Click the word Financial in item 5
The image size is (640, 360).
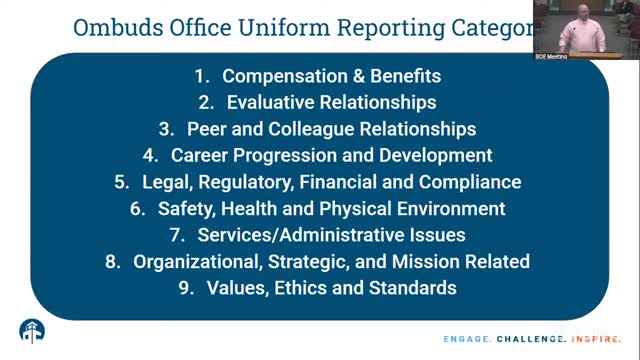[x=379, y=182]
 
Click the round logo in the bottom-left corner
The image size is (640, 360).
[x=32, y=331]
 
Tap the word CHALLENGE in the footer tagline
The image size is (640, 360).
[x=526, y=338]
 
